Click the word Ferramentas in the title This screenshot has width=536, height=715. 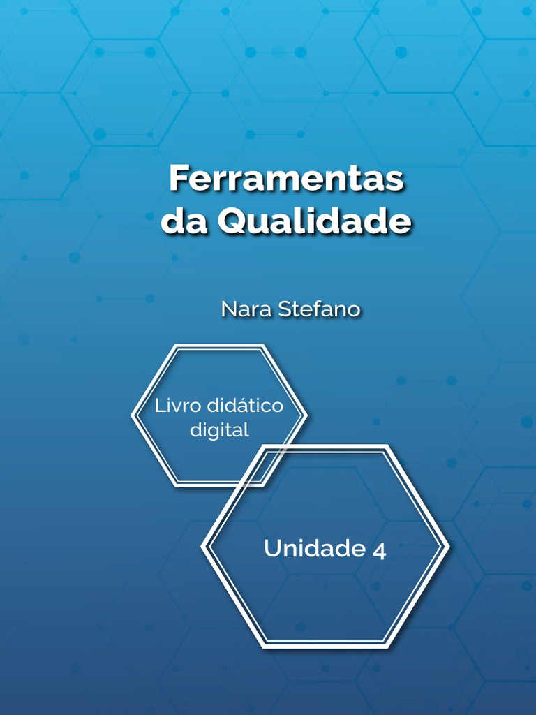[286, 179]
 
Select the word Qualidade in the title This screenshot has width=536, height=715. [314, 221]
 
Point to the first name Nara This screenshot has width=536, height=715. [246, 309]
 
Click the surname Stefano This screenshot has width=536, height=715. [319, 309]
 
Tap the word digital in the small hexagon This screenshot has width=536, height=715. [219, 430]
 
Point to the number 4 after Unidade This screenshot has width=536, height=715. [379, 550]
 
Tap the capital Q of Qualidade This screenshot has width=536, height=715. [232, 222]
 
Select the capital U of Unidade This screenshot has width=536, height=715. [272, 549]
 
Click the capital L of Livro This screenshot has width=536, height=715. [159, 406]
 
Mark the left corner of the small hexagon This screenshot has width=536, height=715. [133, 415]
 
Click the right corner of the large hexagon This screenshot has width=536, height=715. [447, 547]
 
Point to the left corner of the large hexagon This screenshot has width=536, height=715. [203, 547]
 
